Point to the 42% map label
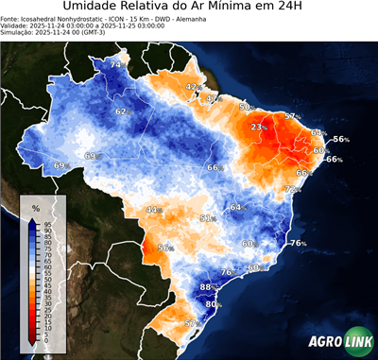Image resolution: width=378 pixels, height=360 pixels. point(192,87)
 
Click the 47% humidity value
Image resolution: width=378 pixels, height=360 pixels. point(212,98)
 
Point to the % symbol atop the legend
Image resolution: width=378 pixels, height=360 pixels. point(36,207)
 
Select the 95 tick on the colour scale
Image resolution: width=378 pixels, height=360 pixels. point(46,223)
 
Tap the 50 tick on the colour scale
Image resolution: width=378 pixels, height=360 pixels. point(46,280)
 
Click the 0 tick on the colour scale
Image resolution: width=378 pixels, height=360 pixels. point(46,341)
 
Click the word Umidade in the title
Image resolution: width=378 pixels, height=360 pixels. point(94,9)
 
